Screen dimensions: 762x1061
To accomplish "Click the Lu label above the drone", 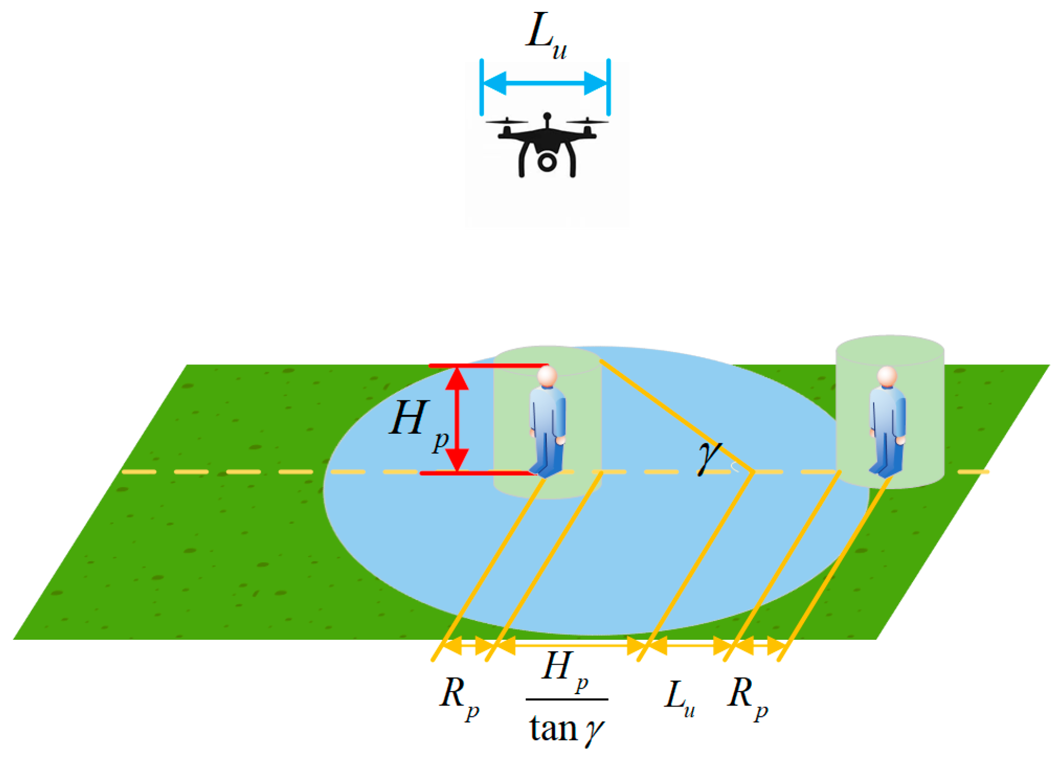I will click(x=545, y=36).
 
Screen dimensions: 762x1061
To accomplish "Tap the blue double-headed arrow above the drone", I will click(x=545, y=83).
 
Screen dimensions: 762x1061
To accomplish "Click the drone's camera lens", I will click(x=547, y=162).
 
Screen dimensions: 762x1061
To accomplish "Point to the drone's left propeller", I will click(x=506, y=122).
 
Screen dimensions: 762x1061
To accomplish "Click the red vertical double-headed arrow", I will click(x=457, y=419).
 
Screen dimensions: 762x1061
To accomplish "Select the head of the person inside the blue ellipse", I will click(x=547, y=376).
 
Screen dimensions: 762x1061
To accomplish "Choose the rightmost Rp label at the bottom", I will click(x=746, y=697).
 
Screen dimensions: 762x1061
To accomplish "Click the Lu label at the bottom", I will click(x=679, y=698).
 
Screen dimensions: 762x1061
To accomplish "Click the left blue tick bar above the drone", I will click(x=481, y=87).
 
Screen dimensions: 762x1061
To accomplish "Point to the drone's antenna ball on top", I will click(x=547, y=116).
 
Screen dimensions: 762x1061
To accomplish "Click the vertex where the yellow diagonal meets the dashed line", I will click(x=751, y=472).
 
